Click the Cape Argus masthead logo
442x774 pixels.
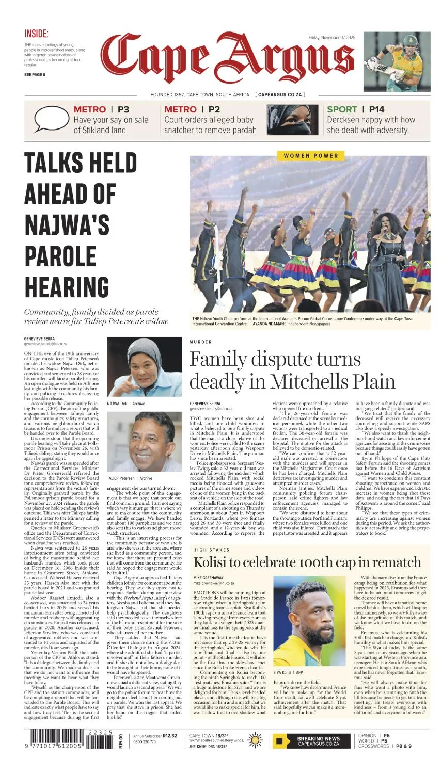click(x=227, y=58)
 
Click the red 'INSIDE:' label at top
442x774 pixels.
click(x=36, y=34)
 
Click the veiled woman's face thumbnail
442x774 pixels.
click(x=292, y=120)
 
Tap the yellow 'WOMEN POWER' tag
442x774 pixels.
click(x=311, y=155)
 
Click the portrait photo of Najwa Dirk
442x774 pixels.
click(x=145, y=367)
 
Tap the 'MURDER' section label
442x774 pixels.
click(x=200, y=342)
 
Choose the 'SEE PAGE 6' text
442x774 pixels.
click(x=35, y=75)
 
